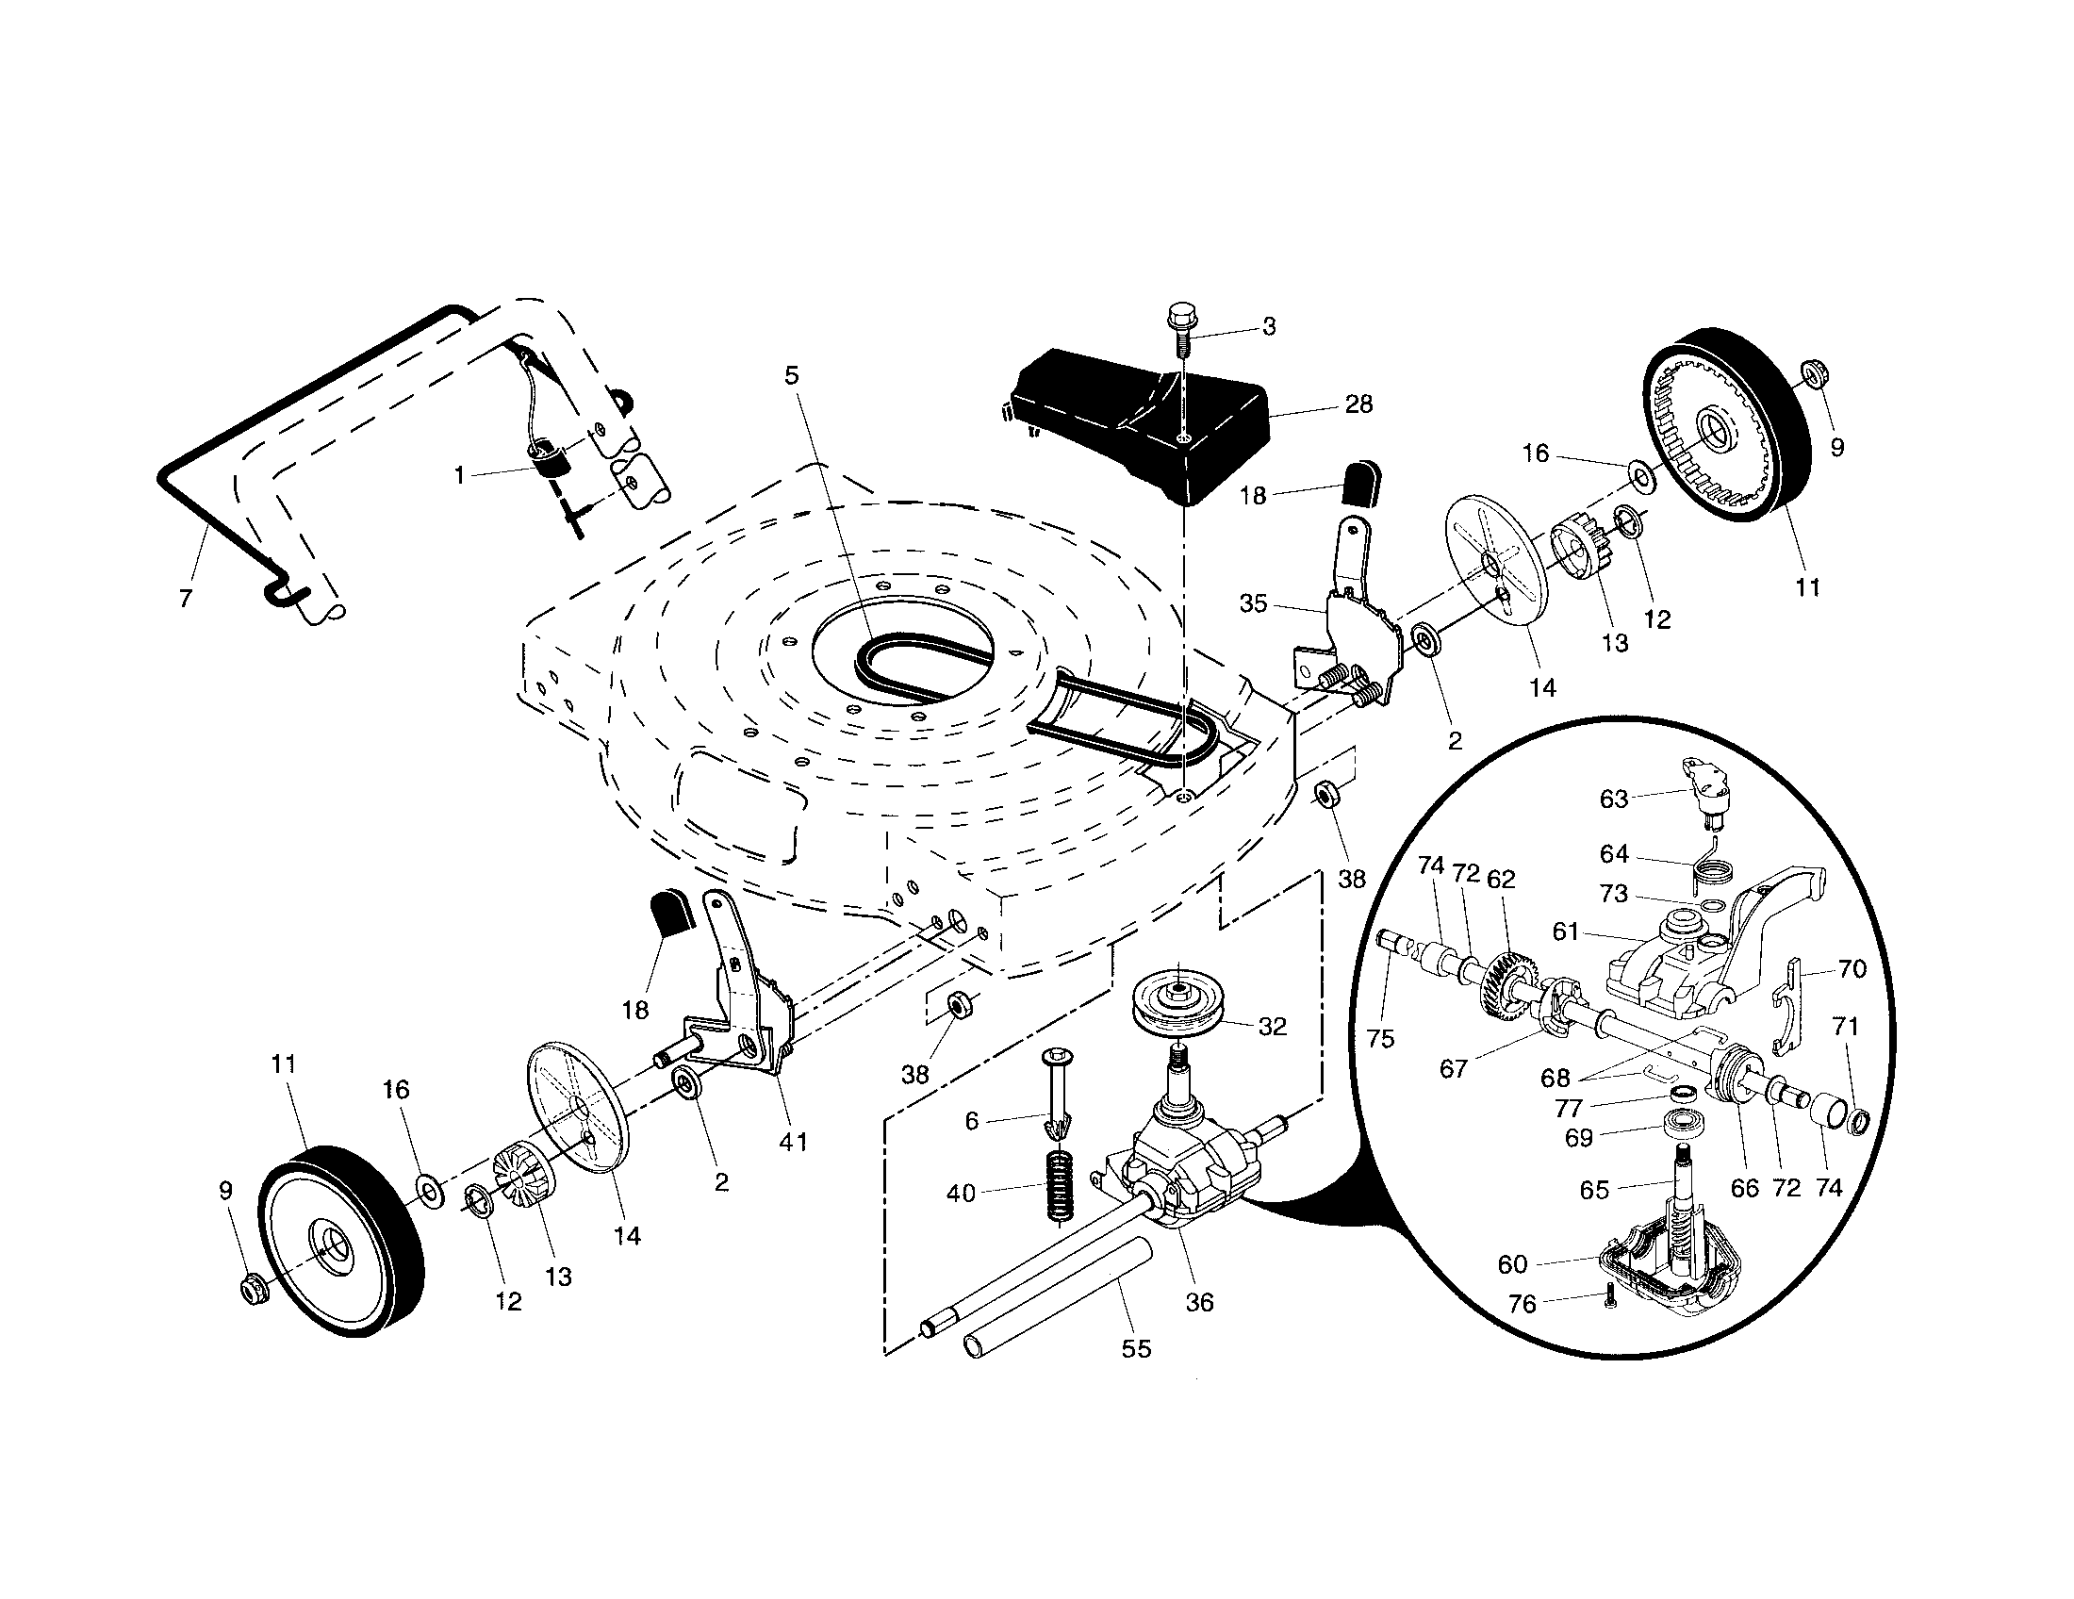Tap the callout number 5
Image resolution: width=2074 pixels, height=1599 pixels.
click(791, 376)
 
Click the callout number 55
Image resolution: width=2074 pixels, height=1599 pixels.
click(1136, 1349)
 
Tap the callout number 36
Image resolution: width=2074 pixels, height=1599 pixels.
click(1199, 1303)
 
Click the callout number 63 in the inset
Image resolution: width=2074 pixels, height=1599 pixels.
click(1613, 799)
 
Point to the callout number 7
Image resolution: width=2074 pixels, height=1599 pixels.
click(185, 598)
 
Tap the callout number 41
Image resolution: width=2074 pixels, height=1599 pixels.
click(793, 1143)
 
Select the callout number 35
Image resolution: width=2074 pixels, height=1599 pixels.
click(1254, 604)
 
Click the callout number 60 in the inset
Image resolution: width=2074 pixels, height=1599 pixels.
click(1513, 1263)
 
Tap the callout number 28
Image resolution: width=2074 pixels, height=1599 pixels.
click(1358, 404)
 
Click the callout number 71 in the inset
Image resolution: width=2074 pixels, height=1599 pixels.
click(1845, 1027)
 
